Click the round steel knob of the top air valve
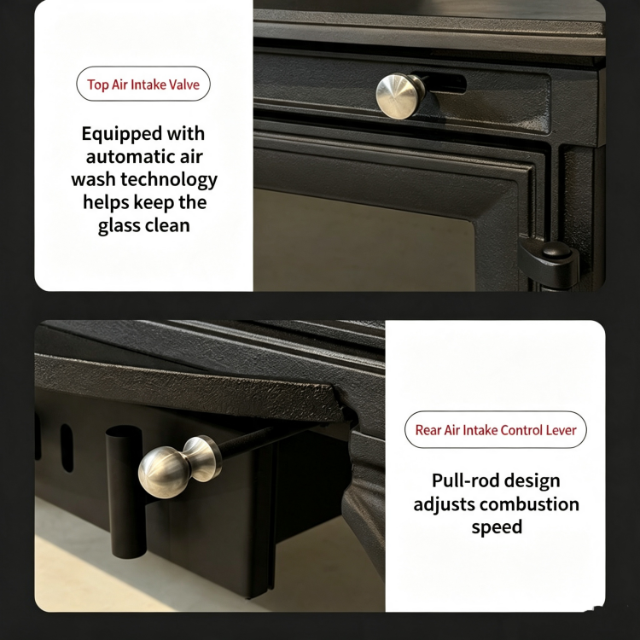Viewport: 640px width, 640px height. [400, 96]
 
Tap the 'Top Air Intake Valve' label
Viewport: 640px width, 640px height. [143, 84]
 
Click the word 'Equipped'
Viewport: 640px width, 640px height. [114, 134]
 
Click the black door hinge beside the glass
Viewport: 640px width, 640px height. [549, 261]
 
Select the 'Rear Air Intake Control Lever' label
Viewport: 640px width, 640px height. [496, 430]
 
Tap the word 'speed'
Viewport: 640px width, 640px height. [497, 527]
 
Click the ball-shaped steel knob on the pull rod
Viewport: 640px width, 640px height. [179, 466]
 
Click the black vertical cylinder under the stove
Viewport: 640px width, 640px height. [125, 492]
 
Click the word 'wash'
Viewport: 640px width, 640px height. [93, 179]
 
